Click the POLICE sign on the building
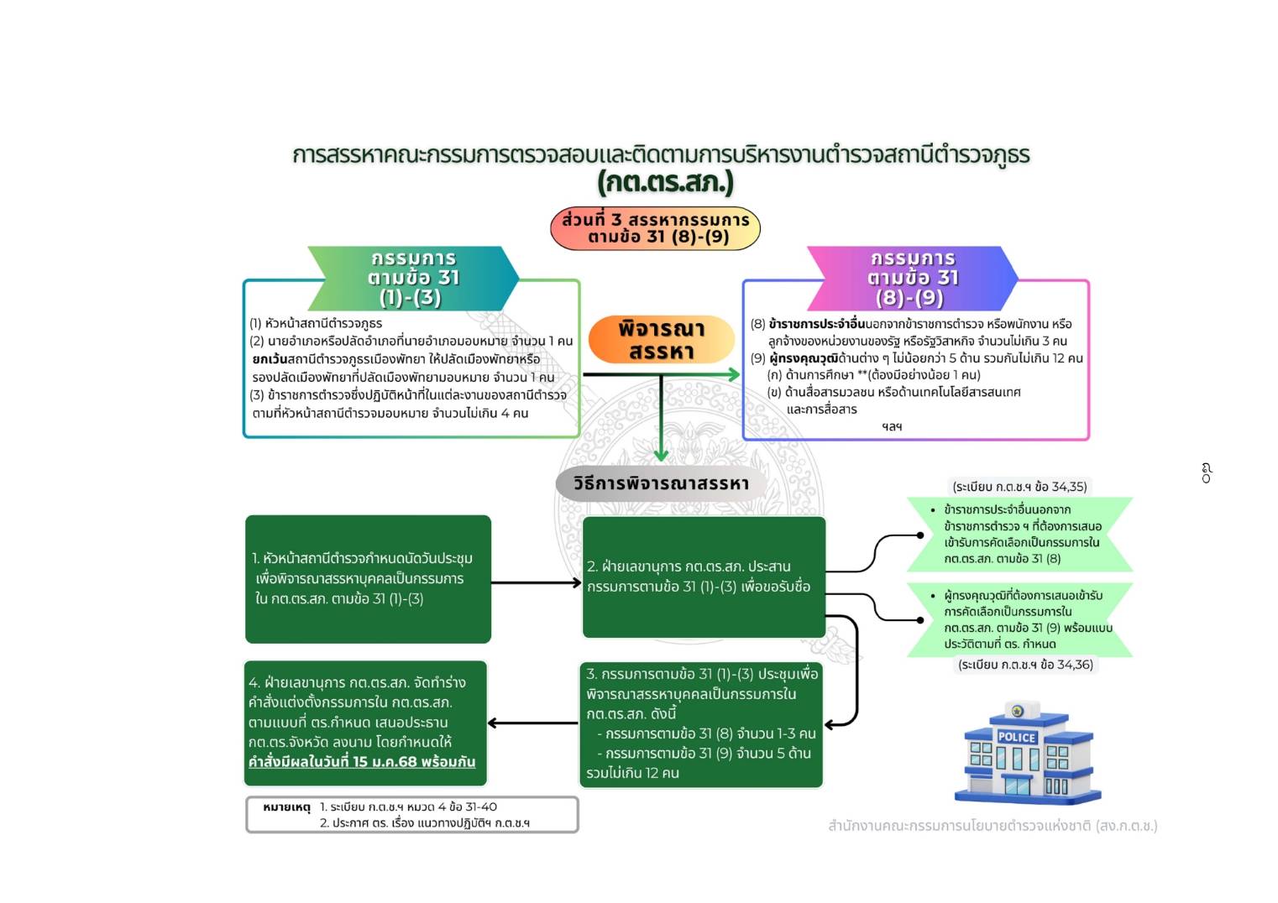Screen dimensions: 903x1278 point(1016,737)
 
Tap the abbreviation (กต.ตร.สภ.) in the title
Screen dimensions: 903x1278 point(665,182)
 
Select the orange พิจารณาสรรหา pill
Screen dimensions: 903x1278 point(661,340)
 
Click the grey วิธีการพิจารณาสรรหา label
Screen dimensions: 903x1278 point(661,484)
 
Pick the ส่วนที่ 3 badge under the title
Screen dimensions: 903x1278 point(655,228)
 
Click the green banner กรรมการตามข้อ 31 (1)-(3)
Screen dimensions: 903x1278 point(413,278)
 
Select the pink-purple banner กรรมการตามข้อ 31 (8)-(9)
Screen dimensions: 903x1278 point(912,278)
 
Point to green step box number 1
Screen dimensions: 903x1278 point(368,579)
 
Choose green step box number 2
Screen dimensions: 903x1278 point(704,577)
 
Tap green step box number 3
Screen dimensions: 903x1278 point(702,723)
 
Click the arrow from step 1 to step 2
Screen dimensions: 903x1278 point(536,582)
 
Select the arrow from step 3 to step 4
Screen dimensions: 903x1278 point(532,723)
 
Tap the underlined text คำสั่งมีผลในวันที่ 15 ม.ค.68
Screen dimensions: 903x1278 point(362,762)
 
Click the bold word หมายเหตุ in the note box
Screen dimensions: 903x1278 point(286,807)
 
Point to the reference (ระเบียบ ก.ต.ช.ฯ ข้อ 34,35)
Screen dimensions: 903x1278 point(1019,487)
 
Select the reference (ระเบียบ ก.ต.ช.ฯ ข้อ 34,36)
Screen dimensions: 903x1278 point(1025,665)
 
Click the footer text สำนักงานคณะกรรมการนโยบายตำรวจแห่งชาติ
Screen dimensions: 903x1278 point(992,826)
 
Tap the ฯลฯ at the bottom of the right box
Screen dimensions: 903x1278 point(892,426)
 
